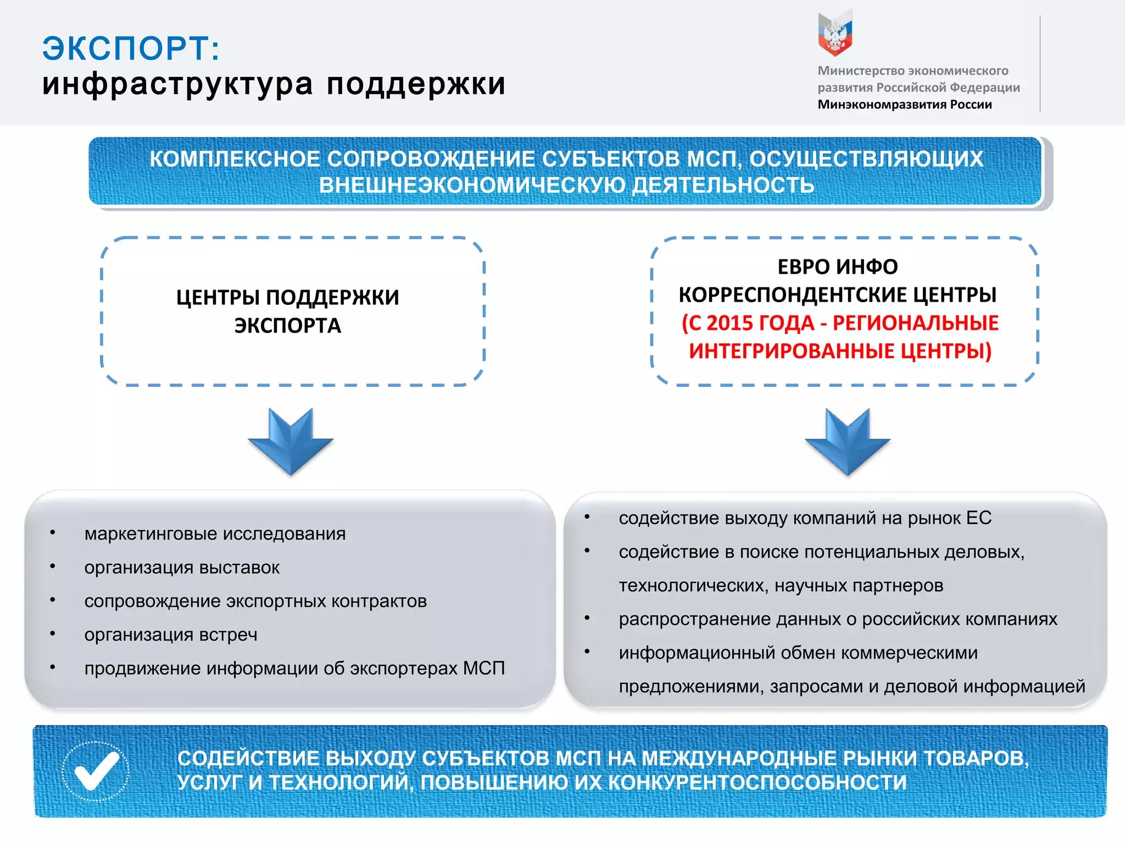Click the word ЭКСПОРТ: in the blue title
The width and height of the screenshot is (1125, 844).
point(131,48)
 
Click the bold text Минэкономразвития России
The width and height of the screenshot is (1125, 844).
point(905,104)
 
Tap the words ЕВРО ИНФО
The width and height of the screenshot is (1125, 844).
point(838,267)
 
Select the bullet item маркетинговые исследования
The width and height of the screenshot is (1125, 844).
point(215,534)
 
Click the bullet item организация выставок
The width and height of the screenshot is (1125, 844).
point(182,568)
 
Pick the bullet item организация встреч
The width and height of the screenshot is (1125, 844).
point(171,635)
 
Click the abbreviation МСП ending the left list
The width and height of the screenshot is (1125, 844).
point(483,668)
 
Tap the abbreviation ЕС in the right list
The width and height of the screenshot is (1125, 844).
point(978,518)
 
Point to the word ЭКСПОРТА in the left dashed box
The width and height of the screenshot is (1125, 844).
point(288,326)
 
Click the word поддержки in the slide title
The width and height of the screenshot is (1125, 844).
point(416,84)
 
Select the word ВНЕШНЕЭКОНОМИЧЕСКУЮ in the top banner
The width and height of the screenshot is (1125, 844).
point(472,185)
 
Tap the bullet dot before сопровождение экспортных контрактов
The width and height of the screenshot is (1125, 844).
point(53,600)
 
